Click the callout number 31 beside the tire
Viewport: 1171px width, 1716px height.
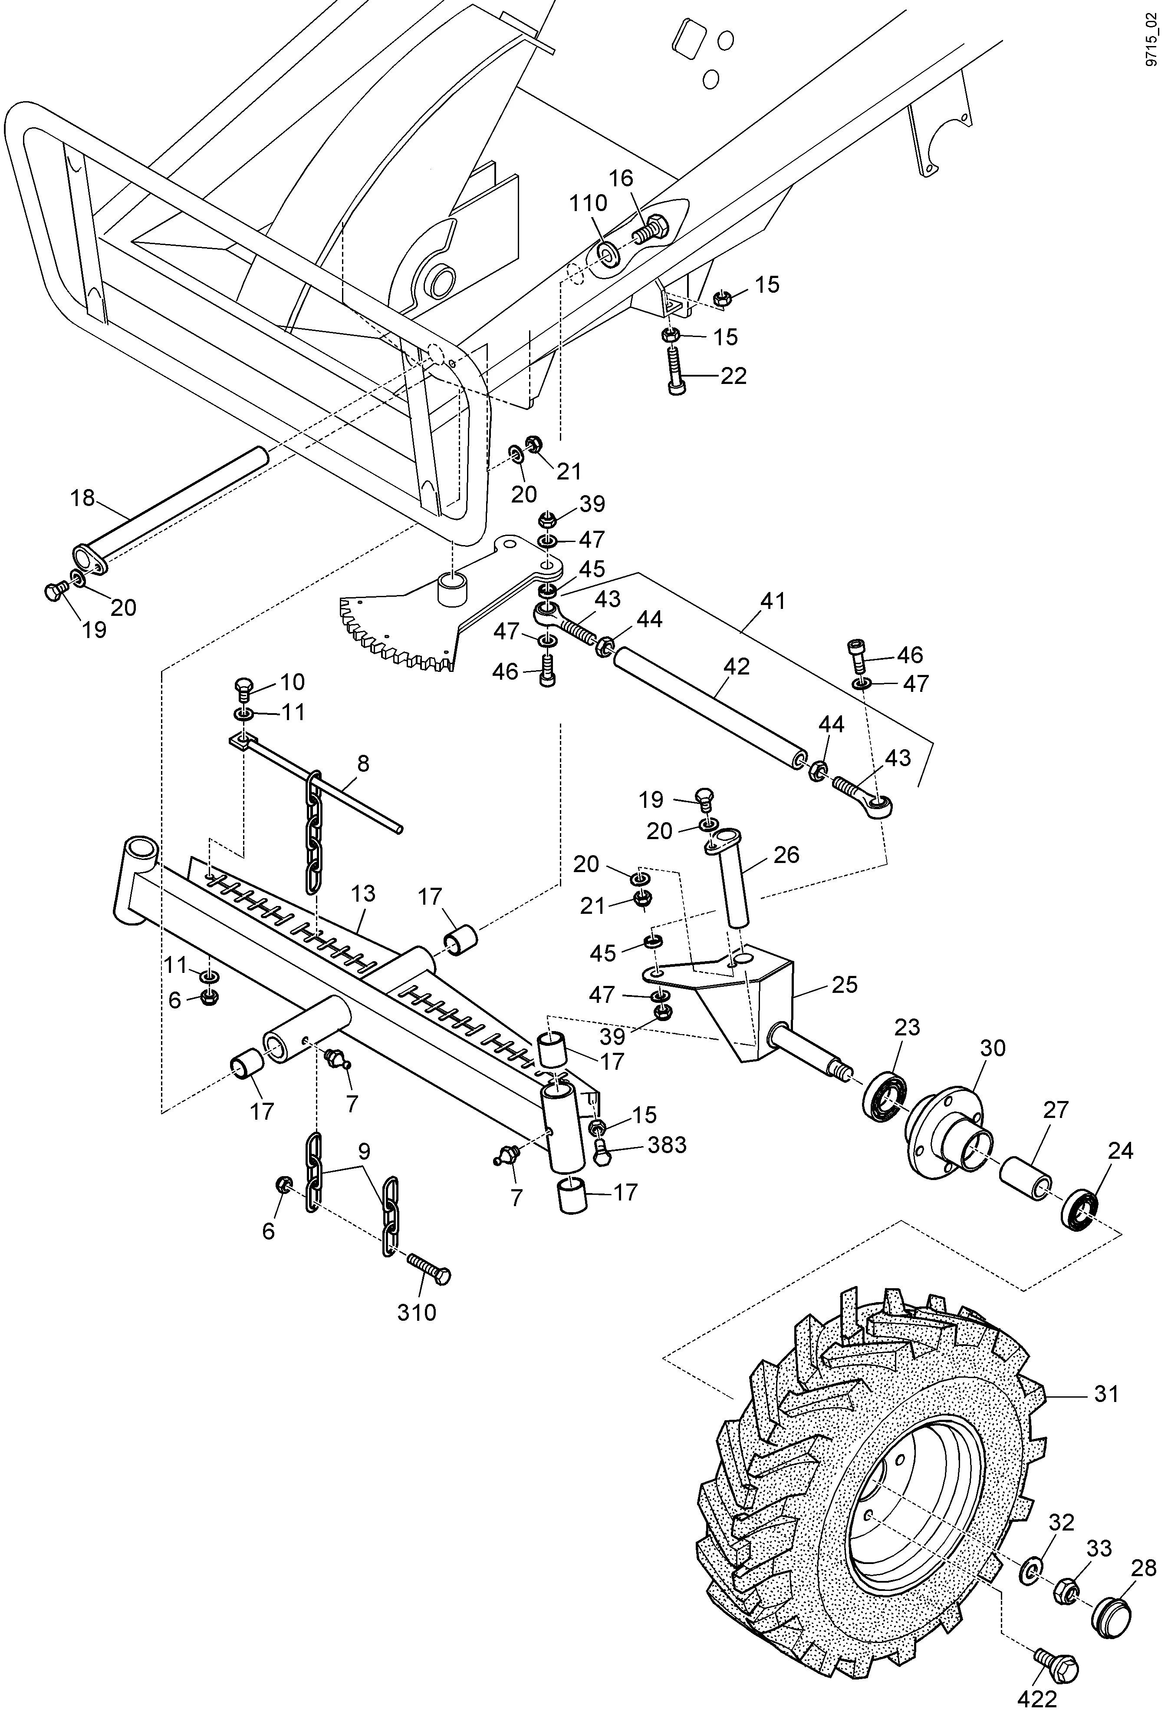pyautogui.click(x=1106, y=1394)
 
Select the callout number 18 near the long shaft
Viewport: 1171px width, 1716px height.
pyautogui.click(x=82, y=499)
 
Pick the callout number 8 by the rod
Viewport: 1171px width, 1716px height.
pyautogui.click(x=362, y=764)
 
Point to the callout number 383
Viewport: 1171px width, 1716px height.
pyautogui.click(x=666, y=1144)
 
